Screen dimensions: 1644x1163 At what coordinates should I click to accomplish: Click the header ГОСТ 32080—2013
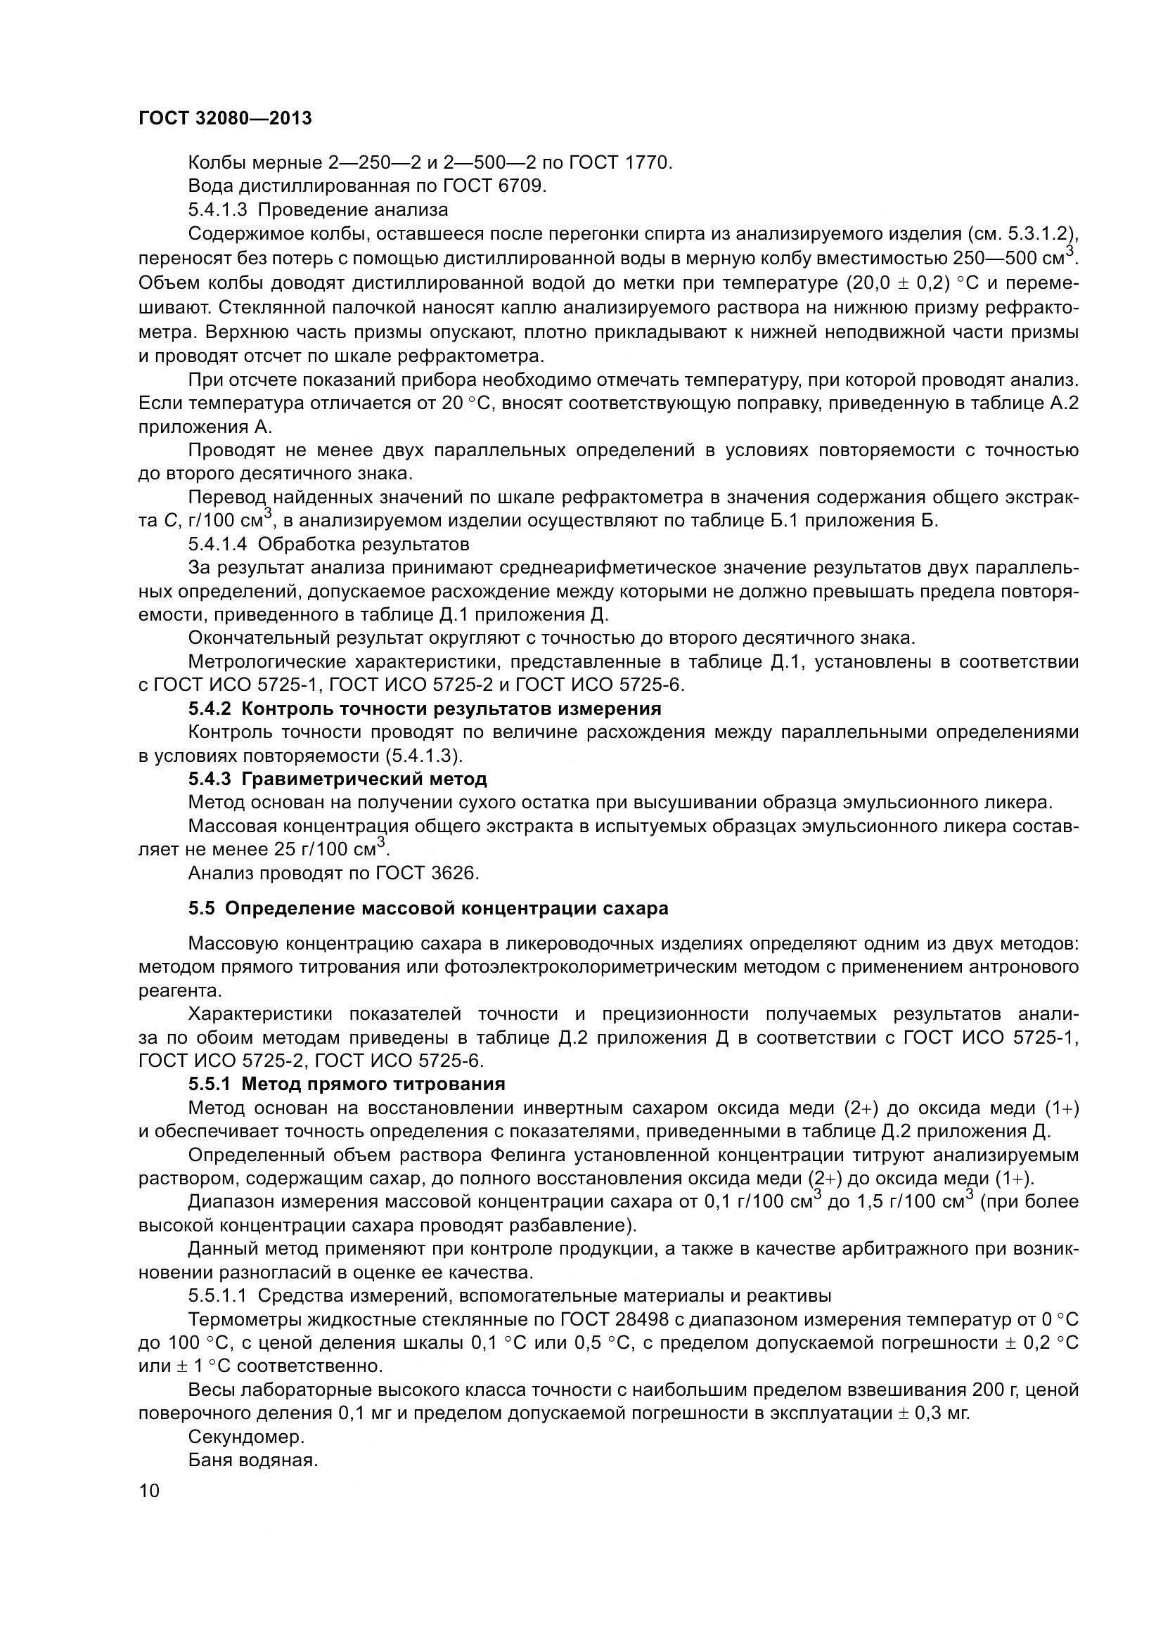coord(225,118)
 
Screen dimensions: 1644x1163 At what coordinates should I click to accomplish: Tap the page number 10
coord(150,1491)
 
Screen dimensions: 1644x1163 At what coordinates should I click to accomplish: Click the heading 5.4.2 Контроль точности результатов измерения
coord(425,709)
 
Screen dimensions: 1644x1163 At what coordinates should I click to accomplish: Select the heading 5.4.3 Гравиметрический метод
coord(338,779)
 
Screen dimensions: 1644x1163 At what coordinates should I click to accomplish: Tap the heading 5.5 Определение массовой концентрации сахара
coord(428,909)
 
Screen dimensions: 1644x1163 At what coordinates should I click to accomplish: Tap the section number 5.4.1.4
coord(218,545)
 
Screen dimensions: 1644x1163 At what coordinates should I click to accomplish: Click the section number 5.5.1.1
coord(218,1296)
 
